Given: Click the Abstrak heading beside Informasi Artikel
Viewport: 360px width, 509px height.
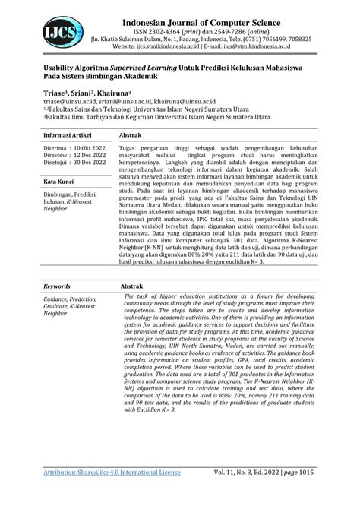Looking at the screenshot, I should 133,133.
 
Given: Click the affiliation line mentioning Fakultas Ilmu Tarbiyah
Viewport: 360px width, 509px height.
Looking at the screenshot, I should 152,117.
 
